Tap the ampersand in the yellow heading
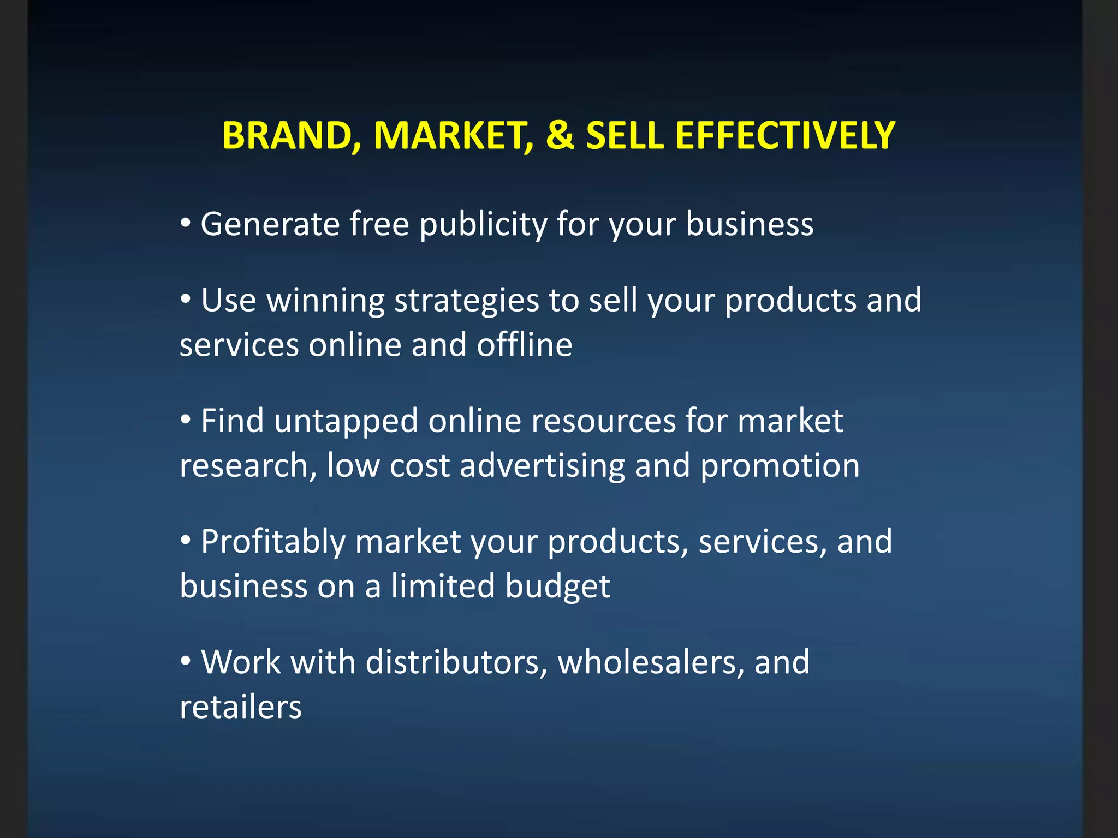tap(560, 135)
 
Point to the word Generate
tap(270, 224)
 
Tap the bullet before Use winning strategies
tap(186, 299)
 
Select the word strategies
tap(466, 302)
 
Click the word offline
tap(524, 345)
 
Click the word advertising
tap(542, 466)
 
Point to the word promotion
tap(780, 466)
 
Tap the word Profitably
tap(273, 543)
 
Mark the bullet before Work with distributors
tap(186, 661)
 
